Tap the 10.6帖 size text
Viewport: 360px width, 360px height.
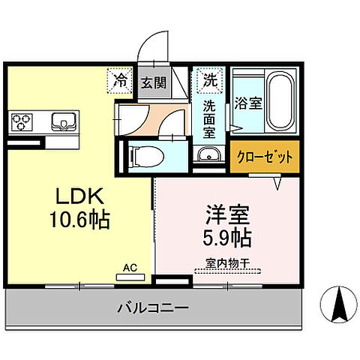tap(82, 219)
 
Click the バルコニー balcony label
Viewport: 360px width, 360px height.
tap(152, 307)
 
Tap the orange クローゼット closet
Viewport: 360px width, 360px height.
tap(264, 157)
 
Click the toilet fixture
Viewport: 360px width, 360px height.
tap(146, 156)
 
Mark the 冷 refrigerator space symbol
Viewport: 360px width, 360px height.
tap(120, 79)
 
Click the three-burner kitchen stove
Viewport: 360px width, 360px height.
tap(22, 120)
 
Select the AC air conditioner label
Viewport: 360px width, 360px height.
tap(130, 267)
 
